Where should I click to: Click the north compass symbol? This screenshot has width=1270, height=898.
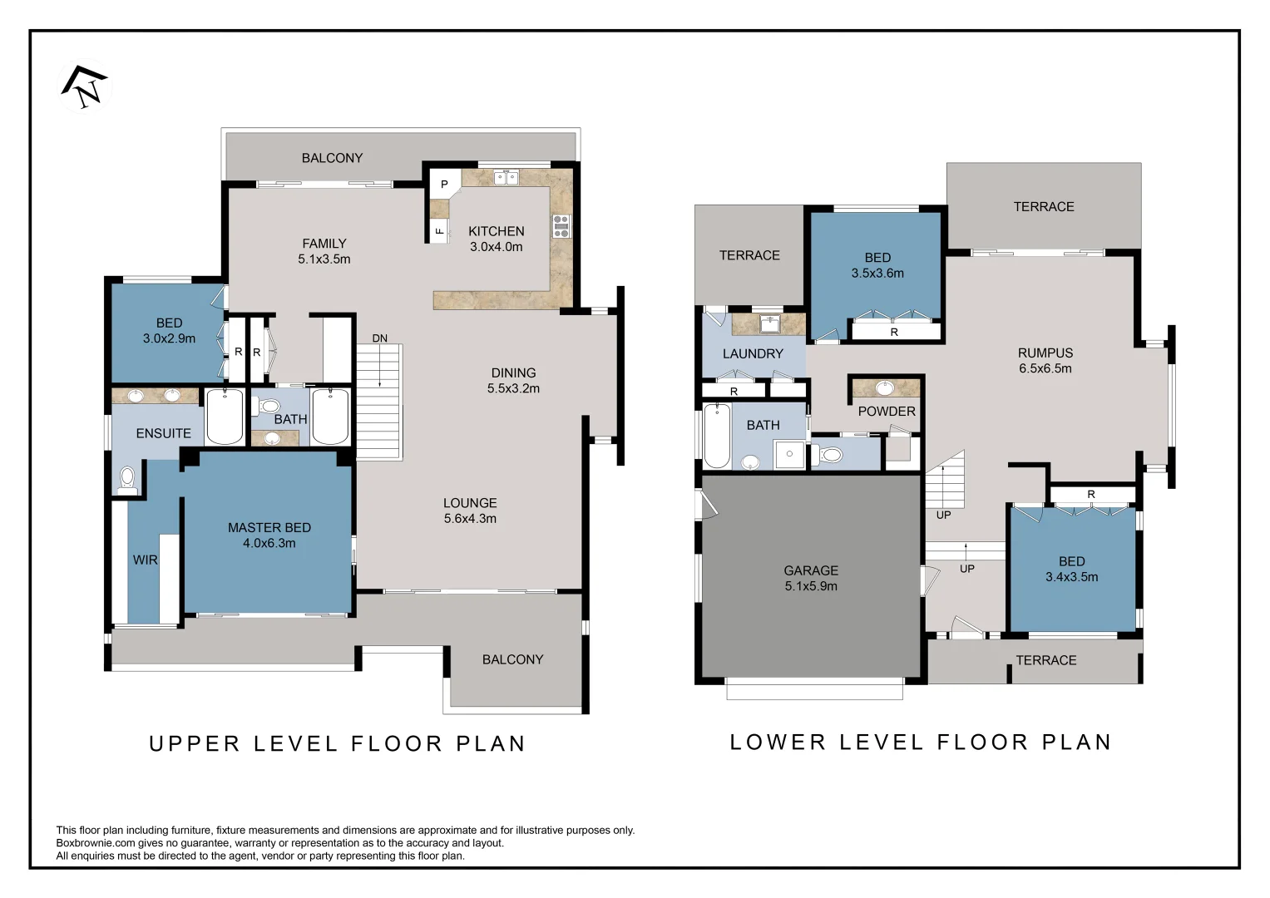pos(85,86)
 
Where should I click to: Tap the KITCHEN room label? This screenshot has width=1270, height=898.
pos(496,231)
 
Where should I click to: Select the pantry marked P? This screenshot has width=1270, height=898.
pos(444,184)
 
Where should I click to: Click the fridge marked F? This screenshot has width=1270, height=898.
pos(439,231)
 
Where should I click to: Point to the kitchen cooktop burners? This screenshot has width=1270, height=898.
pos(561,226)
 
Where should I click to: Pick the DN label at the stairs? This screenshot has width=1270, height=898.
pos(380,338)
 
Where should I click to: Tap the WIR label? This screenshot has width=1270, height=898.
pos(146,560)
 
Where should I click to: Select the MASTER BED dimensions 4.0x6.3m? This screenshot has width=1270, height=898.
pos(269,543)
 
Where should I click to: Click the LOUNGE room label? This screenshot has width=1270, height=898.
pos(470,503)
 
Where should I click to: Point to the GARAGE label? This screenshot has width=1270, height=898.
pos(811,570)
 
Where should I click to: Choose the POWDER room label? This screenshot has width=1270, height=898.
pos(887,412)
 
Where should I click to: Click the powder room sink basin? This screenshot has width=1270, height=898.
pos(885,388)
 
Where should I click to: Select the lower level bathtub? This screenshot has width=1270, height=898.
pos(717,436)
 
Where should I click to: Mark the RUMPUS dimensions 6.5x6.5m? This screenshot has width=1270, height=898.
pos(1045,368)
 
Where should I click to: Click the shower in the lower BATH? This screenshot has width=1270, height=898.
pos(789,454)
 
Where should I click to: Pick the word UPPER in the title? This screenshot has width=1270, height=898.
pos(195,744)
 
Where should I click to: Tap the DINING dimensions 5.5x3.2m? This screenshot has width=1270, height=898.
pos(513,388)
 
